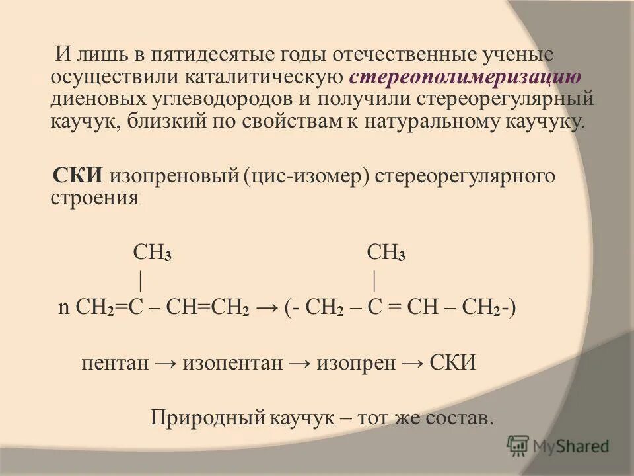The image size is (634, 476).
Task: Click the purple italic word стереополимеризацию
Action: click(x=466, y=77)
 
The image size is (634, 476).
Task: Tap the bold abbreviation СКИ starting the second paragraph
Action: click(x=78, y=177)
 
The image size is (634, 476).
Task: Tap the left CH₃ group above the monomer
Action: click(x=153, y=253)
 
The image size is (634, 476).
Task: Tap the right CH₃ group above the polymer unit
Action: click(x=386, y=253)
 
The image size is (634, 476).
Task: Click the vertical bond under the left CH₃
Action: click(x=141, y=281)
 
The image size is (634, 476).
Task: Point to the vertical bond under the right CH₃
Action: click(x=374, y=281)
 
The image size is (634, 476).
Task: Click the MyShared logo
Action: click(x=558, y=446)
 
